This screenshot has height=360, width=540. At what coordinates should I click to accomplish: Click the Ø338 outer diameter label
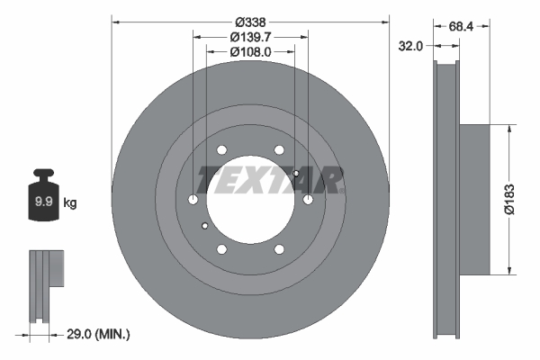[x=250, y=21]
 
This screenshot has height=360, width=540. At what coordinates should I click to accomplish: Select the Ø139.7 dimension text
[x=250, y=37]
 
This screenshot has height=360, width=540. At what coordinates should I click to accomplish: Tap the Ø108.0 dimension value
[x=250, y=52]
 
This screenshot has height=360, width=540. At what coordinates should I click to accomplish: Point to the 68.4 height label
[x=461, y=27]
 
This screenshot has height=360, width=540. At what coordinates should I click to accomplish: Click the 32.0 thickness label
[x=411, y=45]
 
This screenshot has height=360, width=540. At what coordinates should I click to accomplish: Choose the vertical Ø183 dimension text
[x=509, y=200]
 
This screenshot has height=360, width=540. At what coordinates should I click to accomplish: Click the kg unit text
[x=70, y=203]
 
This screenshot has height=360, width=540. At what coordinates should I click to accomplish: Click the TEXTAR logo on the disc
[x=271, y=179]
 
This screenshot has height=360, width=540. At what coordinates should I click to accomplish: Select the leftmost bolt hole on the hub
[x=193, y=200]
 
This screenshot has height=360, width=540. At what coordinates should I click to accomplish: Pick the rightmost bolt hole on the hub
[x=308, y=200]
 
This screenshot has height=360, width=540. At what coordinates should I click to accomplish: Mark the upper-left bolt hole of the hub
[x=222, y=150]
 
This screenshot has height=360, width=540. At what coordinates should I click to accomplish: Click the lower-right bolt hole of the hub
[x=279, y=249]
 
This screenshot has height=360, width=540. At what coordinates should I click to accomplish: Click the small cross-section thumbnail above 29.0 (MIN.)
[x=47, y=283]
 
